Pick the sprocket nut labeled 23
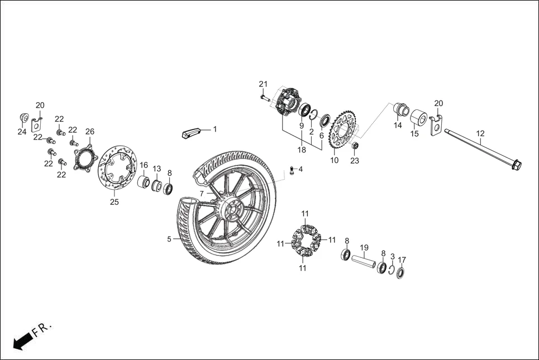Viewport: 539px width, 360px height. (x=355, y=147)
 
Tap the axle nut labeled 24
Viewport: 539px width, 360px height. (x=24, y=118)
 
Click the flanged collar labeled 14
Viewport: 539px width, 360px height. (x=400, y=109)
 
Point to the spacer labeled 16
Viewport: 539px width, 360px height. (x=143, y=182)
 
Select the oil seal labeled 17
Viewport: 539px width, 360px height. (x=401, y=273)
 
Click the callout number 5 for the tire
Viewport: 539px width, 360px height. (x=169, y=239)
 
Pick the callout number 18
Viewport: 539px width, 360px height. (x=302, y=150)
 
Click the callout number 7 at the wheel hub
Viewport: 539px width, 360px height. (x=202, y=193)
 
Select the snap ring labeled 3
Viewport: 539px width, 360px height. (x=392, y=271)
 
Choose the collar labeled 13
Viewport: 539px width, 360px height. (x=156, y=185)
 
